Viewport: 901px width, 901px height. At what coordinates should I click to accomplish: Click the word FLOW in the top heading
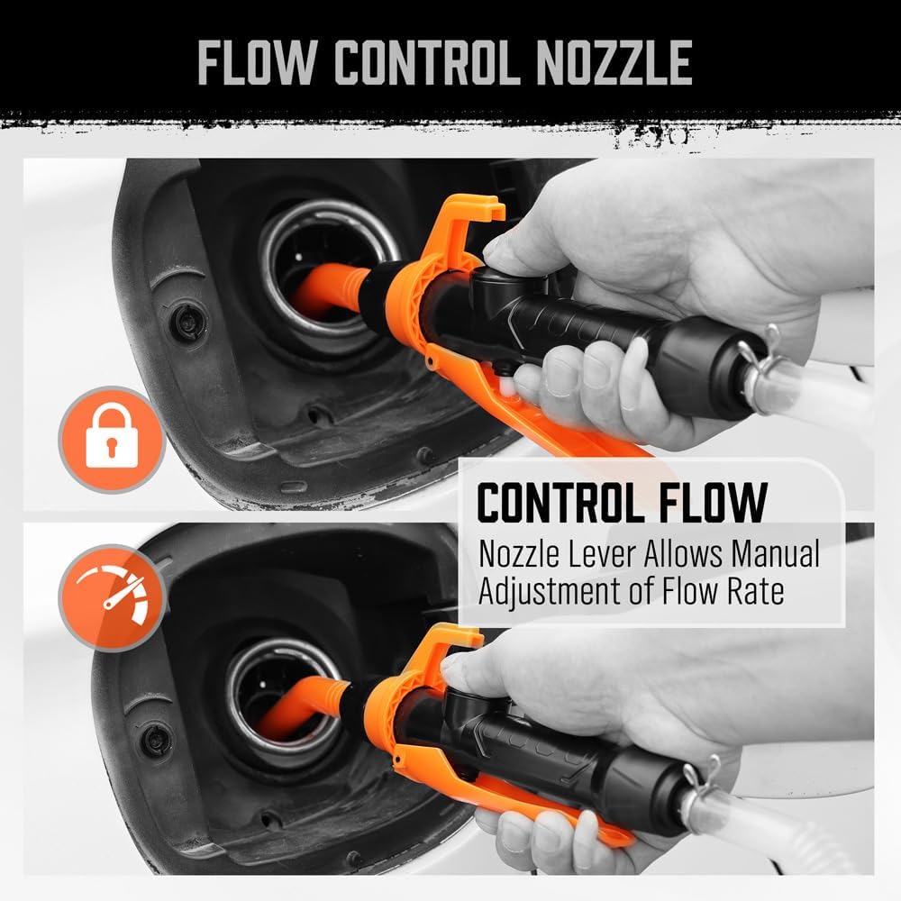coord(253,62)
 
